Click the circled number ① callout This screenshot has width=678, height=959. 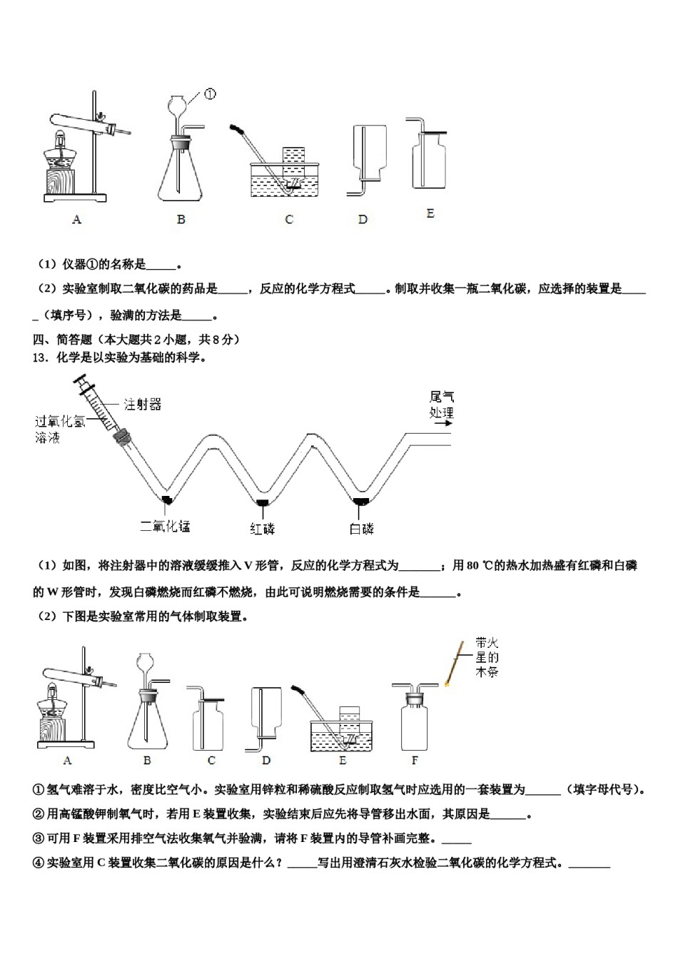[210, 94]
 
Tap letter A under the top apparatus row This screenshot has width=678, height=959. [76, 220]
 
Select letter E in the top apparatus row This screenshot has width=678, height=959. [430, 213]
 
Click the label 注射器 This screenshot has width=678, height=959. [142, 405]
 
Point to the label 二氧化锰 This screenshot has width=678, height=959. [165, 527]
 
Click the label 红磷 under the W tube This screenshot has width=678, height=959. [262, 529]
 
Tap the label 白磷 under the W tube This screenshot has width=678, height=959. [361, 529]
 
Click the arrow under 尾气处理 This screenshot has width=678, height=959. [442, 422]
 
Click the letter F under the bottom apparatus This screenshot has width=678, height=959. [415, 761]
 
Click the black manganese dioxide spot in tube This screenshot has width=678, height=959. [166, 497]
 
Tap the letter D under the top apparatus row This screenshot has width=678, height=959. [363, 220]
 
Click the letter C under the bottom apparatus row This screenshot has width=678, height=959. [211, 761]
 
